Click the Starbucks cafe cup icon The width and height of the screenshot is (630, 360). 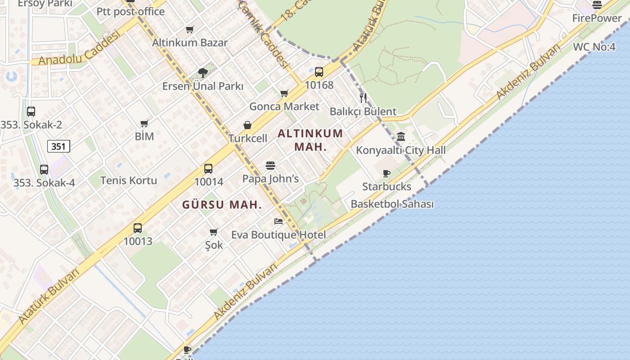pos(386,173)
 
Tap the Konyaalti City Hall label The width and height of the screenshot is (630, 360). pos(401,150)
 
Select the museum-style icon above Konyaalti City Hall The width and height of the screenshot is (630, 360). pos(401,136)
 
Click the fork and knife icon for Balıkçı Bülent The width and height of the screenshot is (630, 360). pos(363,98)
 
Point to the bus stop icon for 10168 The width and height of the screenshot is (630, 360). pos(319,72)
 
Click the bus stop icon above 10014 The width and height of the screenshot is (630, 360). pos(208,169)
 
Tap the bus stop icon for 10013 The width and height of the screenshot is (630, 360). pos(138,228)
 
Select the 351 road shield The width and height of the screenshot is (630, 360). pos(58,146)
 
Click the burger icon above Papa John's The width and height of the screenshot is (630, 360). pos(270,166)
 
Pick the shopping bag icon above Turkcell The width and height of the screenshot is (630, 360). pos(247,125)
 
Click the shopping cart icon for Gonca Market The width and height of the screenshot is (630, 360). pos(284,94)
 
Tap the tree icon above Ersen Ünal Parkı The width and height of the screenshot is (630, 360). pos(203,72)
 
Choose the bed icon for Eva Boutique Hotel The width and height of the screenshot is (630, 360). pos(279,221)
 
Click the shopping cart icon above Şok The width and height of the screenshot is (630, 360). pos(214,232)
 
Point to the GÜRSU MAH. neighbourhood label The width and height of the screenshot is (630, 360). pos(222,205)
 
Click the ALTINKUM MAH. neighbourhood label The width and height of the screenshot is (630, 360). pos(310,140)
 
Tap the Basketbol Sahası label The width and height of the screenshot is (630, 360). pos(392,204)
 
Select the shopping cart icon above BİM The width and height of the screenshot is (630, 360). pos(144,123)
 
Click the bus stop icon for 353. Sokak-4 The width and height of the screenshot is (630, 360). pos(44,170)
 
